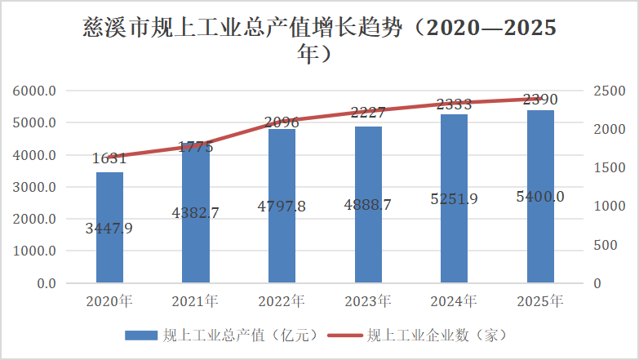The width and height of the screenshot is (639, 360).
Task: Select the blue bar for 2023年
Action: pyautogui.click(x=368, y=245)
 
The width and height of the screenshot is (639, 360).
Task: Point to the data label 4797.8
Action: pyautogui.click(x=282, y=207)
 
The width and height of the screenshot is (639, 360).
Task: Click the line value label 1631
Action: pyautogui.click(x=109, y=158)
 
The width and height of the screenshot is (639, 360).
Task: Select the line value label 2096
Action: pyautogui.click(x=282, y=123)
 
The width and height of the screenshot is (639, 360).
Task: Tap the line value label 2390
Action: pyautogui.click(x=540, y=100)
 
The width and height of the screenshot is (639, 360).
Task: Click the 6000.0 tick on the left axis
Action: pyautogui.click(x=34, y=91)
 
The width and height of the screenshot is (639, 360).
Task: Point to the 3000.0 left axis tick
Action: pyautogui.click(x=34, y=187)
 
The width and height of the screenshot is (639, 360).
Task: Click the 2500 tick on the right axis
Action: pyautogui.click(x=609, y=91)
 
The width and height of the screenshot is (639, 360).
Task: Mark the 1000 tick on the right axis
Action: pyautogui.click(x=609, y=207)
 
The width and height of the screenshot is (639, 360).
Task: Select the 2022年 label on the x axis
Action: pyautogui.click(x=282, y=302)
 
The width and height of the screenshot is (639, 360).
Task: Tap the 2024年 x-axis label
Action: pyautogui.click(x=455, y=302)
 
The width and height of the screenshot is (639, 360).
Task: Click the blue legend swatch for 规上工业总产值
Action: pyautogui.click(x=140, y=335)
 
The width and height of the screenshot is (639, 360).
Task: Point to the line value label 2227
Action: pyautogui.click(x=368, y=113)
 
